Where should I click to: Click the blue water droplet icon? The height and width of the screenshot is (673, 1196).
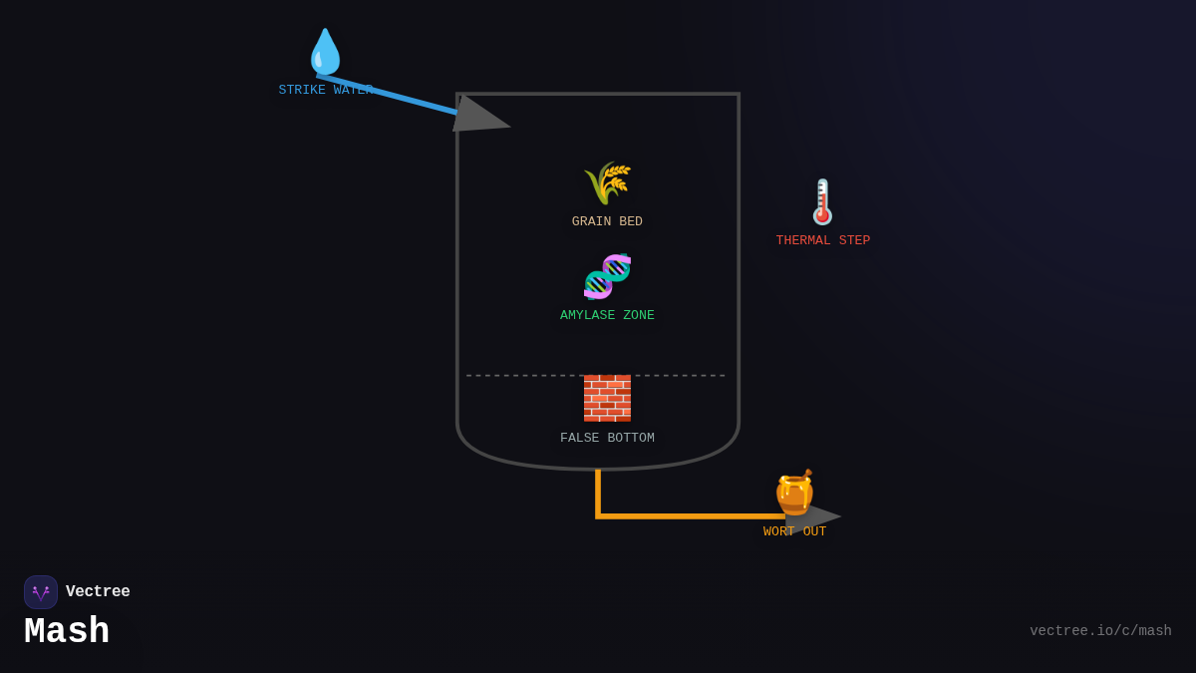[325, 51]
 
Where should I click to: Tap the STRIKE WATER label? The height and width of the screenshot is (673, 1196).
[325, 91]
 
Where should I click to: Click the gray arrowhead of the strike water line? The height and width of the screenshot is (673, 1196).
[478, 115]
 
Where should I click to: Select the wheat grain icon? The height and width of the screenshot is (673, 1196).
[607, 182]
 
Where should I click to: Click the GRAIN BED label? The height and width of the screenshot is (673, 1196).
[607, 222]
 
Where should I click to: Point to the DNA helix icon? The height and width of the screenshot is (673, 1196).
[607, 276]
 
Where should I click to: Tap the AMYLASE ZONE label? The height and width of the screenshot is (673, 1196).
[607, 316]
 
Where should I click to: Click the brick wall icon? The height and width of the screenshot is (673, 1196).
[607, 398]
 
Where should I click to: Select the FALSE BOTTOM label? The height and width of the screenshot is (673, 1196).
[607, 439]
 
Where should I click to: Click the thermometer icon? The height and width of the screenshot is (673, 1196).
[822, 202]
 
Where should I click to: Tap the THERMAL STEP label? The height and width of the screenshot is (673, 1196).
[822, 241]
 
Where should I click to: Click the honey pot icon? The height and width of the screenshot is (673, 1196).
[794, 493]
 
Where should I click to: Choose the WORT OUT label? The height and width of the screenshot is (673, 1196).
[794, 532]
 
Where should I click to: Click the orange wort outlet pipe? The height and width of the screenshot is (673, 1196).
[678, 516]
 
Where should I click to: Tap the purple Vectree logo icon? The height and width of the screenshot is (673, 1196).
[41, 592]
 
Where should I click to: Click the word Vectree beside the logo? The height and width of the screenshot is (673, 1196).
[98, 592]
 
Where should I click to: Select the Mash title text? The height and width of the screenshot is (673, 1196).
[67, 632]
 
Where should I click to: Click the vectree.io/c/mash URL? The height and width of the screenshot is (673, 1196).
[1100, 631]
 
